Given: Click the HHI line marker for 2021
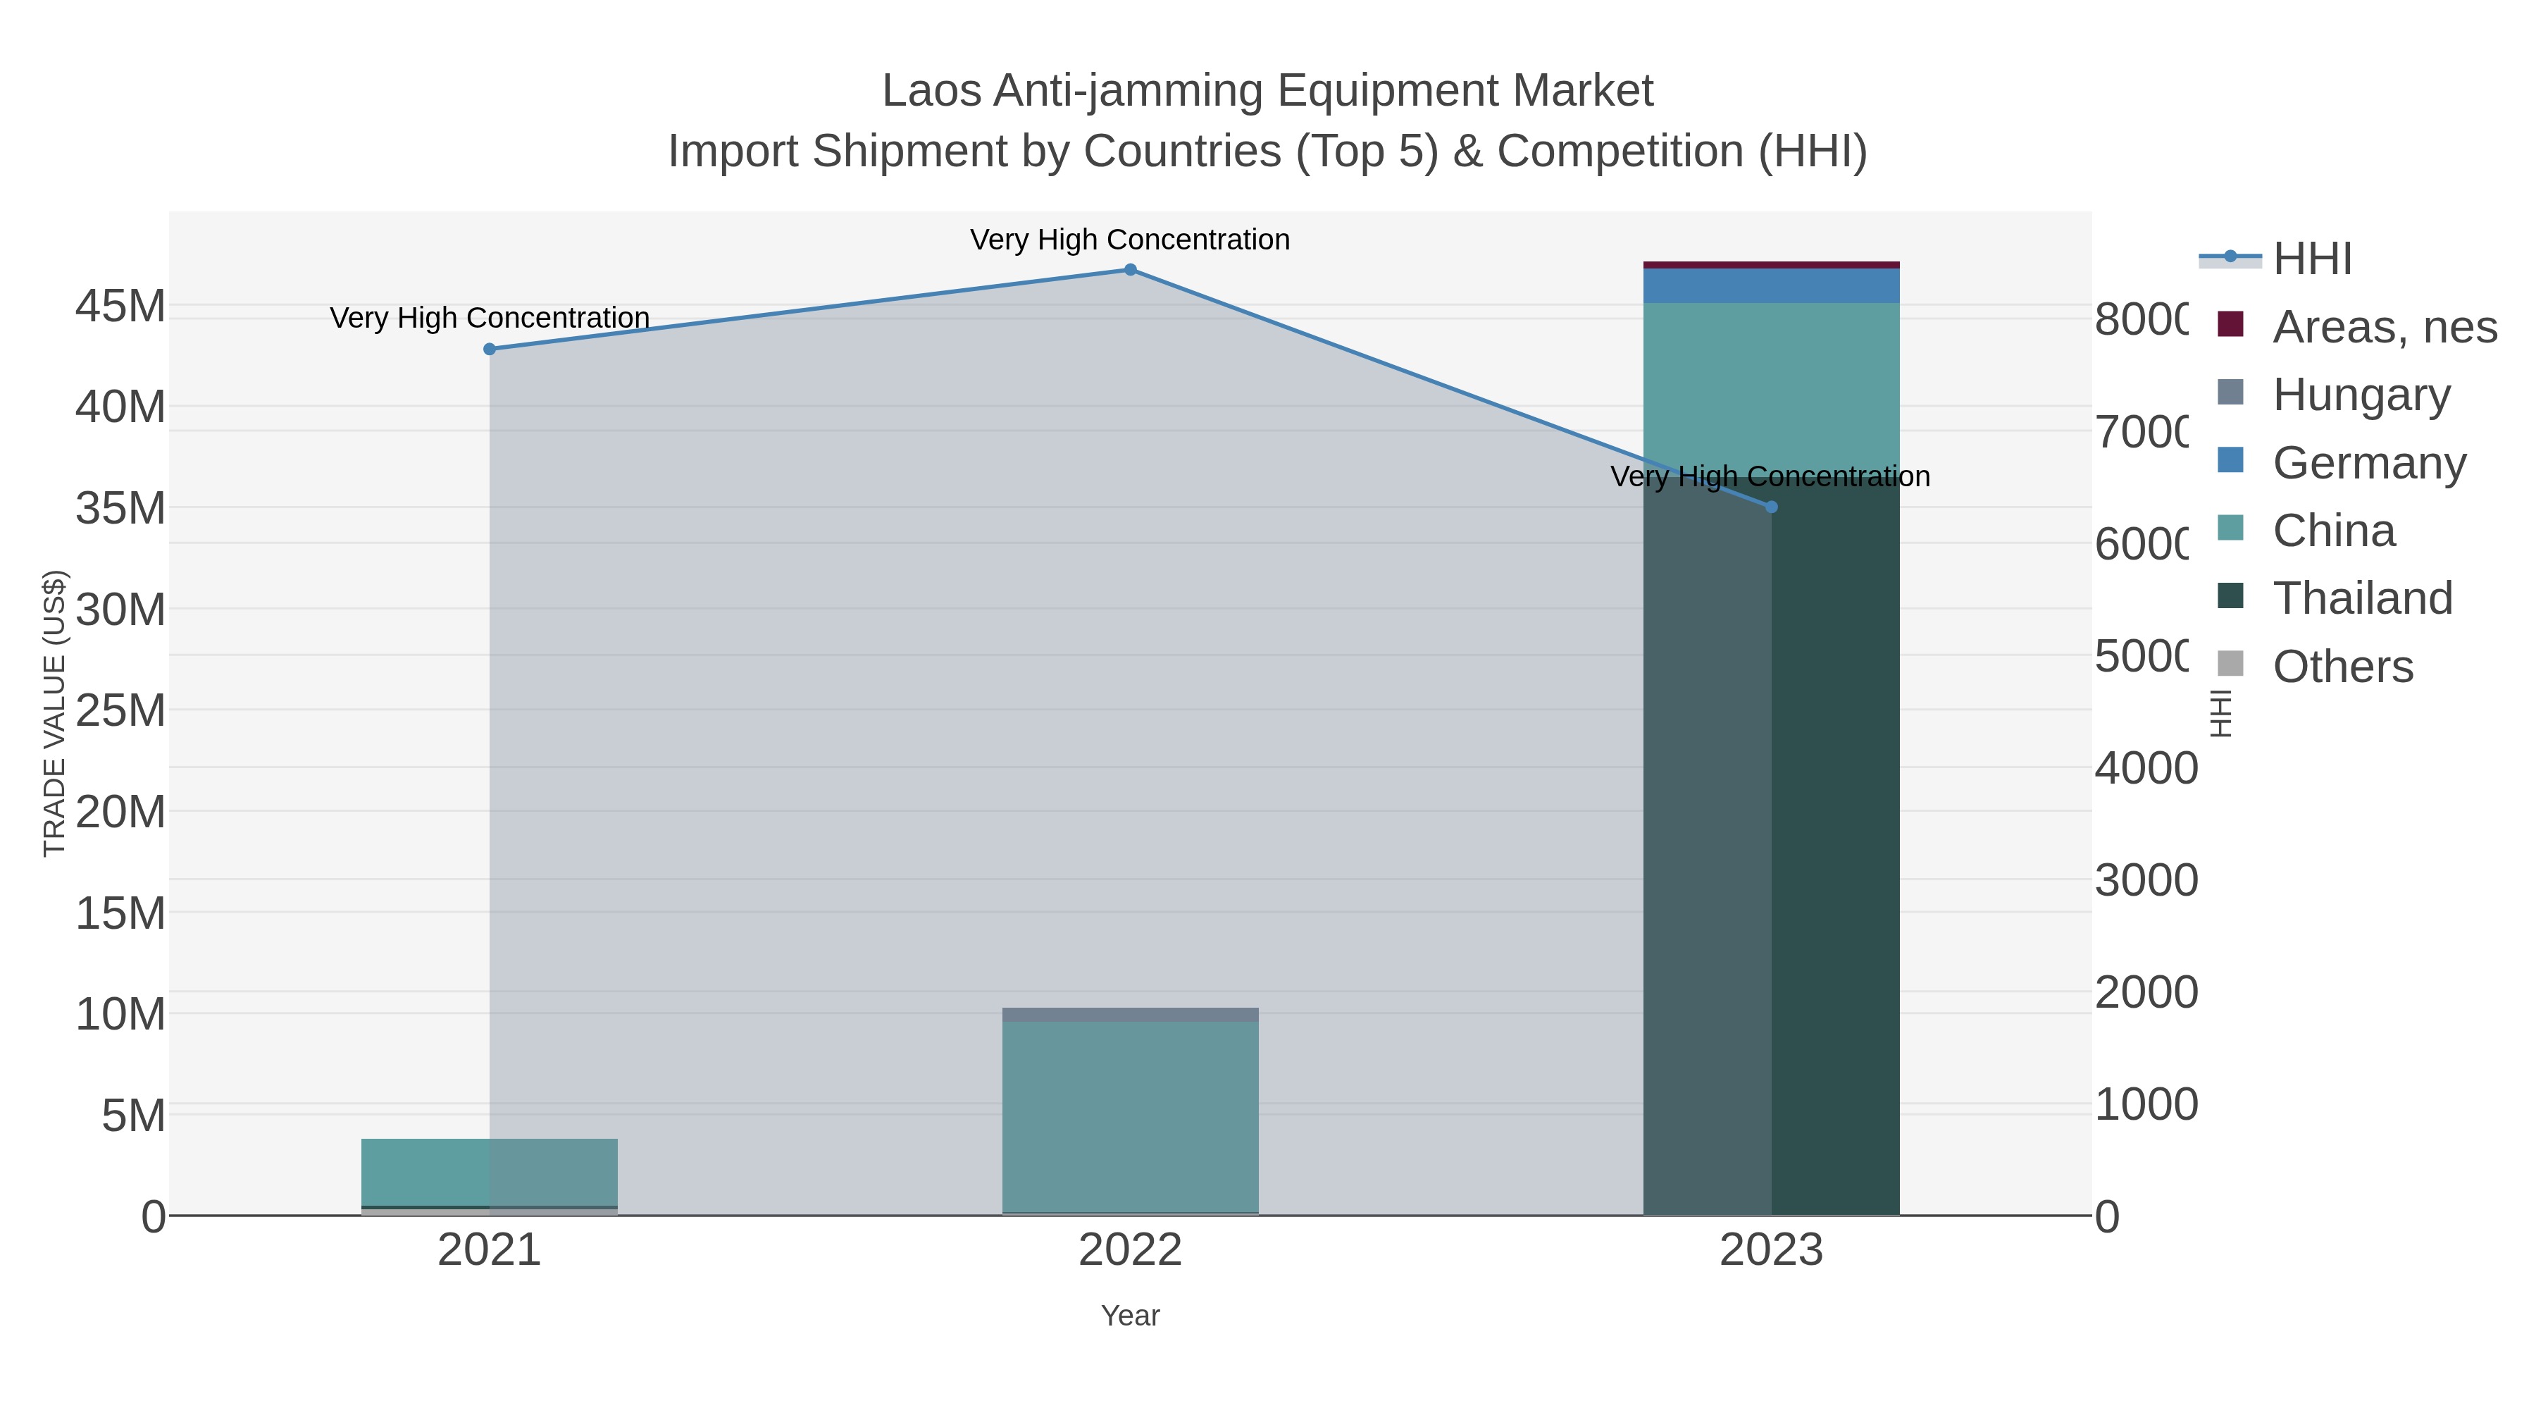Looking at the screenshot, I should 490,349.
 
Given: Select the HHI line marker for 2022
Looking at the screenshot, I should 1130,270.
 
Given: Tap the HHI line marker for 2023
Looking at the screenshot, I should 1771,507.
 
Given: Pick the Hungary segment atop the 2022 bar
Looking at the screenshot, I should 1130,1014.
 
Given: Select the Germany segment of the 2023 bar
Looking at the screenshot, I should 1771,285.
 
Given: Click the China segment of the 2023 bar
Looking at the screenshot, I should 1771,384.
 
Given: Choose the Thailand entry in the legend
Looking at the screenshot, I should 2362,598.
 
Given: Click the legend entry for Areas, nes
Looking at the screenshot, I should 2383,326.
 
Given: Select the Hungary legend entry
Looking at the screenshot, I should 2361,394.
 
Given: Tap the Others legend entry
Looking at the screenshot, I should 2342,667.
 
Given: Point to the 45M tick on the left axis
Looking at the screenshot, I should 120,307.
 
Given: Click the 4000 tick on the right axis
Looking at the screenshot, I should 2145,768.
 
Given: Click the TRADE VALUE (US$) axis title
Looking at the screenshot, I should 55,713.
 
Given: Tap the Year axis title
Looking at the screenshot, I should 1130,1316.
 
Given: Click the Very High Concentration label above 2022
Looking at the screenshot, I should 1130,240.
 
